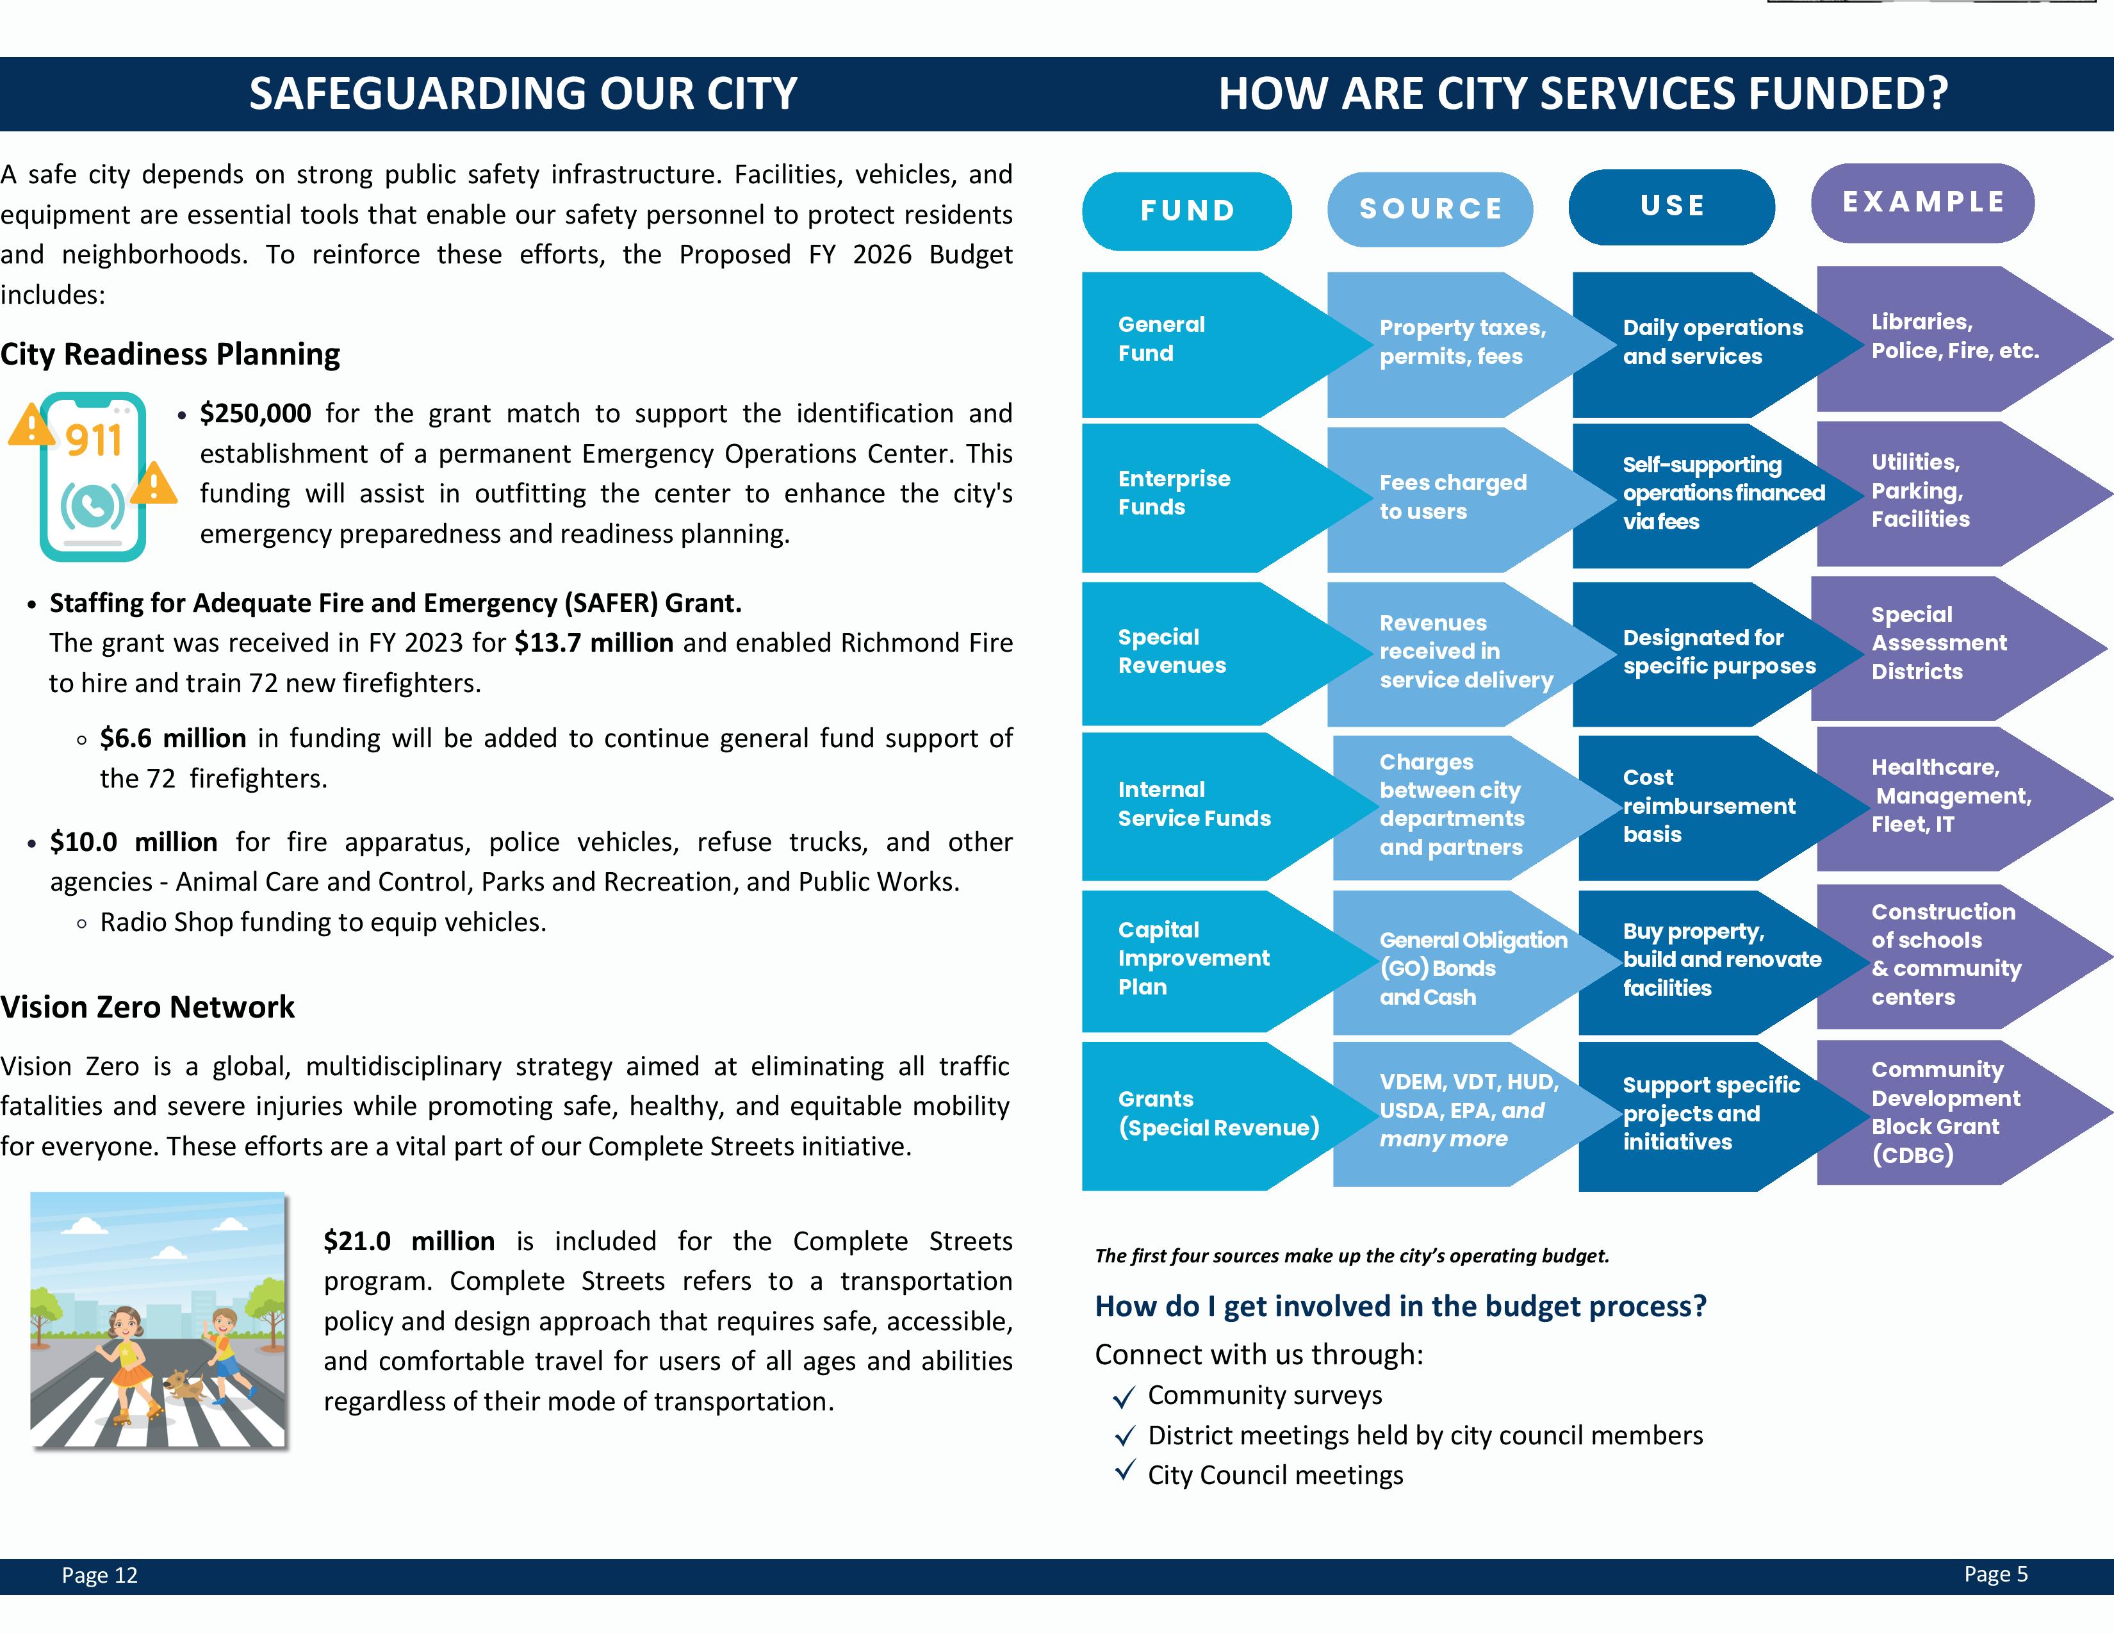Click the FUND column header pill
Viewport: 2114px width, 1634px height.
click(x=1186, y=211)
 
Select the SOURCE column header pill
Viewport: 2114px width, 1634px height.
click(x=1430, y=209)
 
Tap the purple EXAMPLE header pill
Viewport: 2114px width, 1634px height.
click(x=1922, y=202)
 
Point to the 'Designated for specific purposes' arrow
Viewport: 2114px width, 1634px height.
click(x=1703, y=652)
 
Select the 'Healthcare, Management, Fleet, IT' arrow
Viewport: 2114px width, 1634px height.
click(x=1946, y=796)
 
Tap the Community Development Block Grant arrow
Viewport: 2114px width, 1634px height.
click(x=1946, y=1112)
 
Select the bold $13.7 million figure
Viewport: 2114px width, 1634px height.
click(x=593, y=643)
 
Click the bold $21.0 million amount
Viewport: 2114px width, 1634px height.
click(x=409, y=1241)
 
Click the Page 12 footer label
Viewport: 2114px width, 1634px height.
click(x=100, y=1575)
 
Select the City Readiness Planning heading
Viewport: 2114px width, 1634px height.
click(x=170, y=354)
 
